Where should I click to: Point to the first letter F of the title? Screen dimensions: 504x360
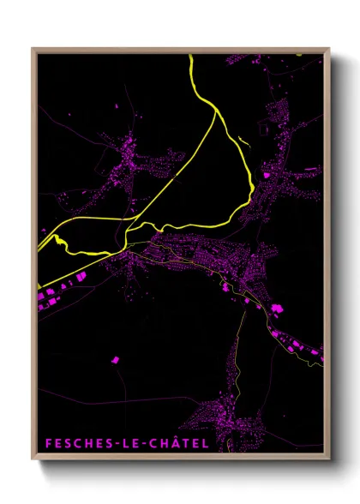pos(48,443)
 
